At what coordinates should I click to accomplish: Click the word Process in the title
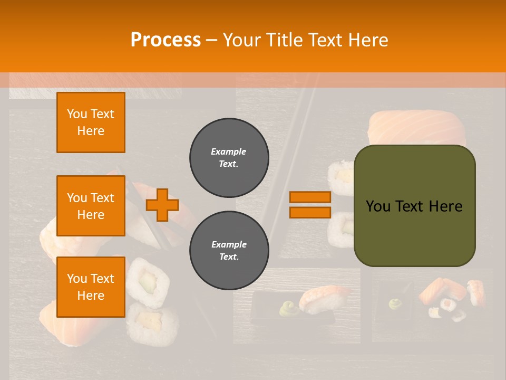(x=166, y=40)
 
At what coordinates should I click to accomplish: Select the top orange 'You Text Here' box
(x=91, y=122)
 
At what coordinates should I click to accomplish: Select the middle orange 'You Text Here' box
(x=91, y=206)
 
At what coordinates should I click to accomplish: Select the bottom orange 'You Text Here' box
(x=91, y=287)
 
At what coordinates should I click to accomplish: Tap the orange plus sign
(x=162, y=205)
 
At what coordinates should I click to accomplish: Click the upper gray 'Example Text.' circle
(x=229, y=158)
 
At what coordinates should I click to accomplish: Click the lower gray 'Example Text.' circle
(x=229, y=251)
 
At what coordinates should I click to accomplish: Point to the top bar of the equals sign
(x=310, y=197)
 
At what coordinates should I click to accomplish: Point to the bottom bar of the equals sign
(x=310, y=212)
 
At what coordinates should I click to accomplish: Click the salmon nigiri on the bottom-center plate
(x=323, y=298)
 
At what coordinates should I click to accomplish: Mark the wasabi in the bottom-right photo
(x=396, y=303)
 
